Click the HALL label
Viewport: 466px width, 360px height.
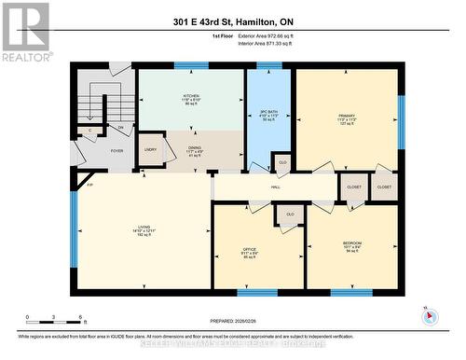[x=276, y=187]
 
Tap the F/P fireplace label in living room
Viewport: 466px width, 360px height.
[x=90, y=187]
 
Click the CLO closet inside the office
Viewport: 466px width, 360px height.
[x=290, y=215]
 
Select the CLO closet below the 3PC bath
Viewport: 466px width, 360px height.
[x=281, y=163]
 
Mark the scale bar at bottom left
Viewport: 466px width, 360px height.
[x=55, y=319]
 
